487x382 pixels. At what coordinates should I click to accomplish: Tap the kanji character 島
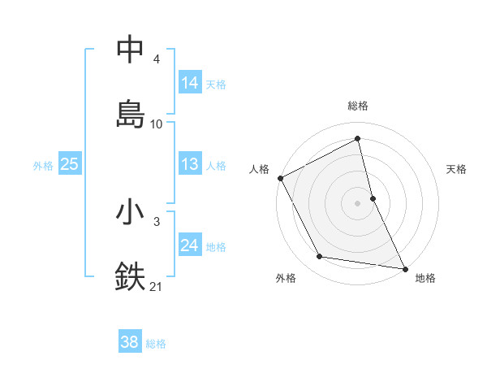130,113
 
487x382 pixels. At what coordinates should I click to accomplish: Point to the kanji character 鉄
130,276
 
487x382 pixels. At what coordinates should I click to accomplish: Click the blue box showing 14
190,82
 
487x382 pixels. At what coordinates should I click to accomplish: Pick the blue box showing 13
190,164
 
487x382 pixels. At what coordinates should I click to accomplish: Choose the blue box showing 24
190,245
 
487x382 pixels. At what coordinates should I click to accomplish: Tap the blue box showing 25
69,164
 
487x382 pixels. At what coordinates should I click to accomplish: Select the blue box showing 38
129,342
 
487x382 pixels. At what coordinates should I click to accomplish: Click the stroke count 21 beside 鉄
157,286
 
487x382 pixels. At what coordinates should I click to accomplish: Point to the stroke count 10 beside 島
157,124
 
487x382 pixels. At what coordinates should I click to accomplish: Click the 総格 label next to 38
156,344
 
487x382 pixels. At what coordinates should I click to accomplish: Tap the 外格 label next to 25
43,165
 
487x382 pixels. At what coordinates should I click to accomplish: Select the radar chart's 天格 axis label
457,169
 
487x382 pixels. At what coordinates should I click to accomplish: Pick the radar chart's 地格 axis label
425,278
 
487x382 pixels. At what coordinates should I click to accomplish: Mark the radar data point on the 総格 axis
358,139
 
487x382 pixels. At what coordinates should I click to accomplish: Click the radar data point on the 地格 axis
403,267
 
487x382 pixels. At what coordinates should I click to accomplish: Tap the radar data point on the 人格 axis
280,178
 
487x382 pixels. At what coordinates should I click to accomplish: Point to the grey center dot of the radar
358,203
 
